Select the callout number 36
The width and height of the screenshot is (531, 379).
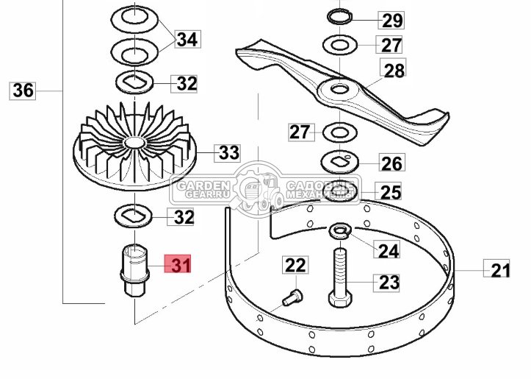24,91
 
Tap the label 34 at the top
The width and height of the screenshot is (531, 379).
187,38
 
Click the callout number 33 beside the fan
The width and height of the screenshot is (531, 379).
228,153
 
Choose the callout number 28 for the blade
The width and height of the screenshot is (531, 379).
394,71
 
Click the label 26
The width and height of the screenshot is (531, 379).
391,162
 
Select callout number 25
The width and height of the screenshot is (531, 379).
391,192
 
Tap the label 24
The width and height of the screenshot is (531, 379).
388,250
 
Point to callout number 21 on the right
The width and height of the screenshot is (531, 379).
499,270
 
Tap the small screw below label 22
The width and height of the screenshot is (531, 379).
292,299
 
